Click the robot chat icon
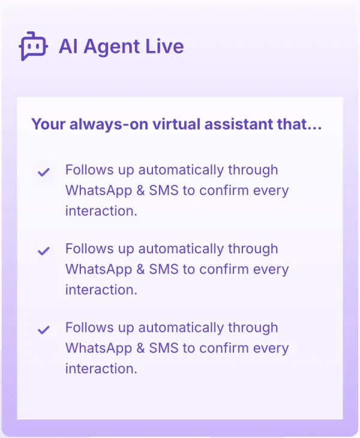(x=33, y=46)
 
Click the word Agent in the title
(x=112, y=47)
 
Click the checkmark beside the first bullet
(x=44, y=172)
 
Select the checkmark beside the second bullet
(x=44, y=251)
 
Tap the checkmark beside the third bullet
(x=44, y=329)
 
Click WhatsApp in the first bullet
(x=98, y=191)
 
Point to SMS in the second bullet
(x=164, y=269)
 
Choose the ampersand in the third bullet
(x=141, y=348)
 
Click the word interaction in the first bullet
(x=101, y=211)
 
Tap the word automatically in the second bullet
(x=181, y=249)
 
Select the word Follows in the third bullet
(x=89, y=328)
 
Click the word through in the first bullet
(x=253, y=170)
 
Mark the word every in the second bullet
(x=271, y=270)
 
